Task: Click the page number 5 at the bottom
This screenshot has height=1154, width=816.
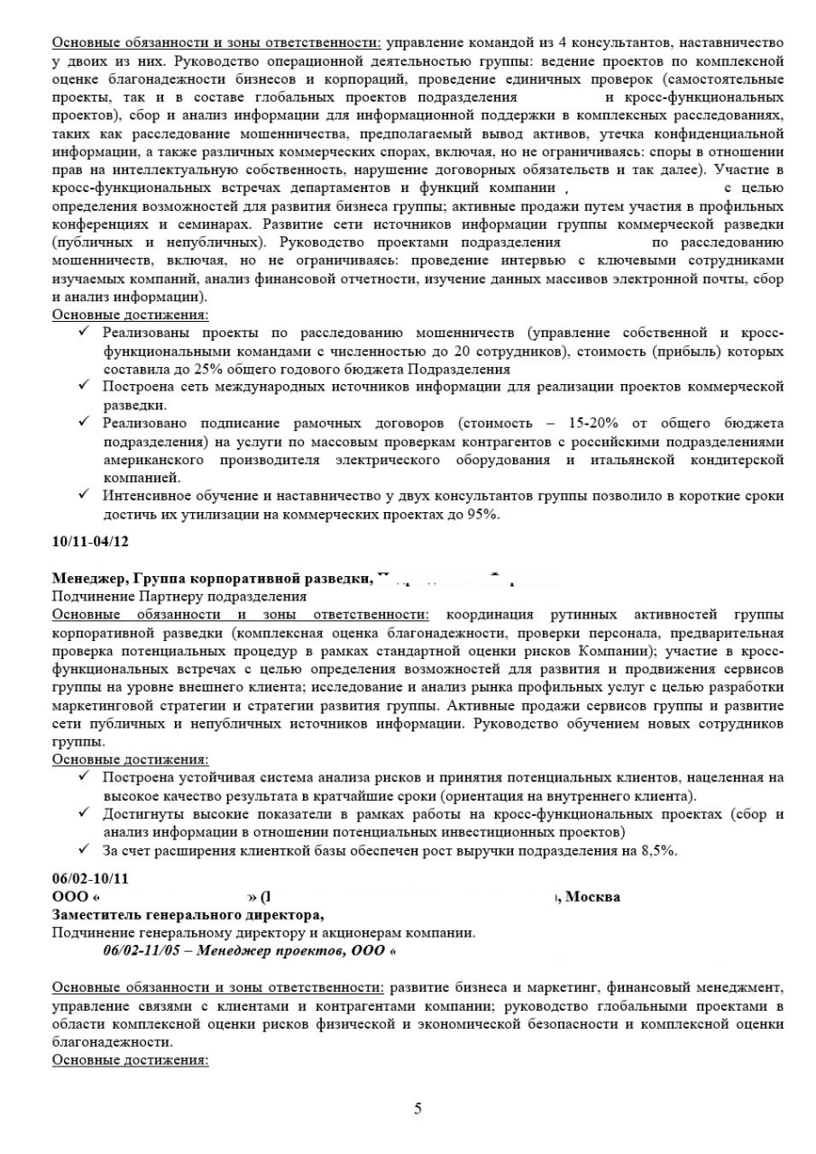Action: (x=417, y=1109)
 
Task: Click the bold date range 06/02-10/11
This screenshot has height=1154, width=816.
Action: (x=90, y=878)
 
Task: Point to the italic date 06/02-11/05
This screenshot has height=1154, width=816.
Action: (x=144, y=949)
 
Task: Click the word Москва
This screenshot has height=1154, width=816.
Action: (x=592, y=896)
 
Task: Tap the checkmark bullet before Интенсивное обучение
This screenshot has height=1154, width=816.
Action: (x=83, y=495)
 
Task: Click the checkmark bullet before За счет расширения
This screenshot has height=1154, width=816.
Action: (x=83, y=849)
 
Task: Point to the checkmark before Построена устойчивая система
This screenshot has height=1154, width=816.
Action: (x=83, y=777)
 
